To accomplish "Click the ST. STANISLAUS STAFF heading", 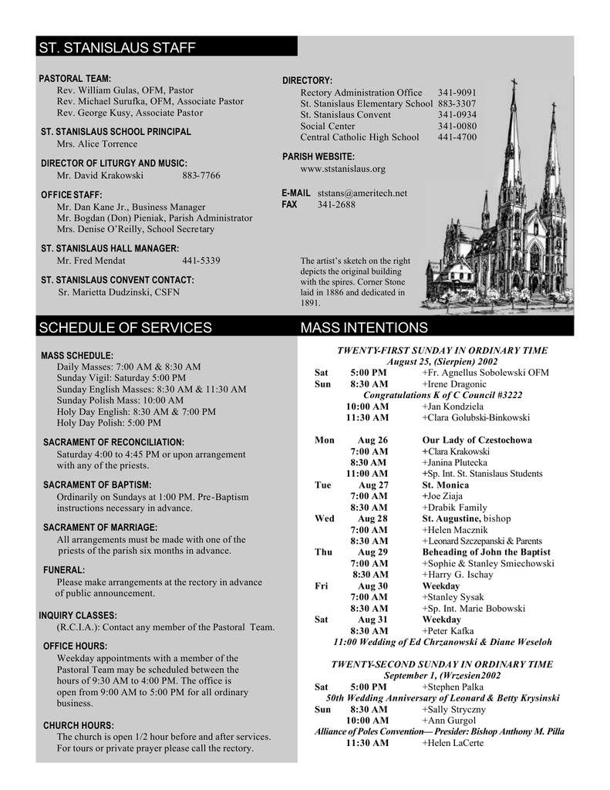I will point(117,49).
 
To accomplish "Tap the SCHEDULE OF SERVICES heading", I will point(125,328).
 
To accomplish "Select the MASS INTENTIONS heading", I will point(364,328).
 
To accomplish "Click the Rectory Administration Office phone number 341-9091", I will point(457,92).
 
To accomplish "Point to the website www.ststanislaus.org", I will point(342,168).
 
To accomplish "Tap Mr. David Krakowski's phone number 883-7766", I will point(201,175).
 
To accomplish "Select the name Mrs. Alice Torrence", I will point(97,143).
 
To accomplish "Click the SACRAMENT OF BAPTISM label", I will point(97,484).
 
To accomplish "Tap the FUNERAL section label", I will point(64,569).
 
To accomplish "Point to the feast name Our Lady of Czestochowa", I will point(477,440).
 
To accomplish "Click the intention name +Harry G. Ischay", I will point(457,575).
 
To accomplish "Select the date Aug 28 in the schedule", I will point(372,518).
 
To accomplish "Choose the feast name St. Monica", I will point(445,484).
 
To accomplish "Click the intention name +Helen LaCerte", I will point(453,742).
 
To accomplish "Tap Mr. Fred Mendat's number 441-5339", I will point(201,261).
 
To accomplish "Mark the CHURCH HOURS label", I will point(79,725).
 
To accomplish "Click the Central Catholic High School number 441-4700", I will point(457,137).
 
